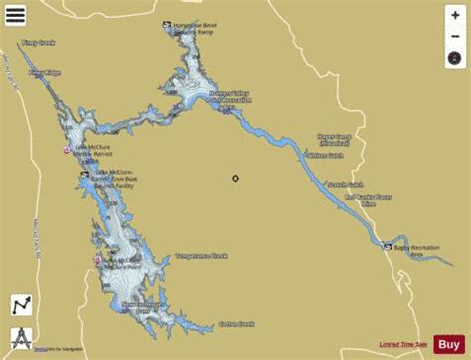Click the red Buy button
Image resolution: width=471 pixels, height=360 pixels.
pos(450,344)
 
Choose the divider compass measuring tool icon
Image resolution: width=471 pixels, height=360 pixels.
pos(19,335)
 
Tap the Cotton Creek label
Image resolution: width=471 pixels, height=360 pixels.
pos(236,323)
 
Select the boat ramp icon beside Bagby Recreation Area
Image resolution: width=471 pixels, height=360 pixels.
pos(389,247)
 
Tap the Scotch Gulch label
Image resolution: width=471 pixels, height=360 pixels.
pos(346,185)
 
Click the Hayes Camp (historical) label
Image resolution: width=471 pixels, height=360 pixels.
pos(335,141)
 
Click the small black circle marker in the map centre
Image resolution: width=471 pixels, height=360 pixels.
pos(235,179)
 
